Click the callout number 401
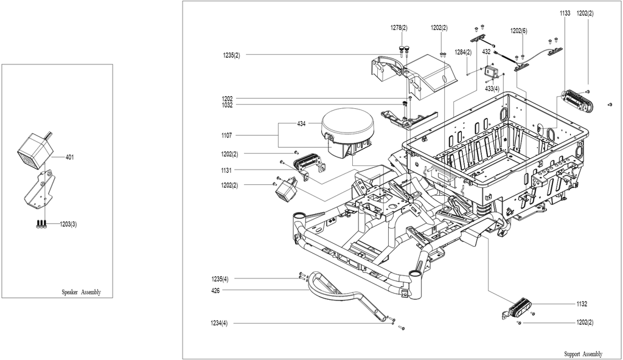[x=69, y=157]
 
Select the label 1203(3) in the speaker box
[x=68, y=224]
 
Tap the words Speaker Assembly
[x=81, y=292]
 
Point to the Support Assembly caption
[x=583, y=354]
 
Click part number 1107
[x=226, y=136]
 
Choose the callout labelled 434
[x=301, y=123]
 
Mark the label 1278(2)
[x=399, y=27]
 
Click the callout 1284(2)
[x=463, y=52]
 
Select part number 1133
[x=565, y=13]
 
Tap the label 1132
[x=582, y=304]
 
